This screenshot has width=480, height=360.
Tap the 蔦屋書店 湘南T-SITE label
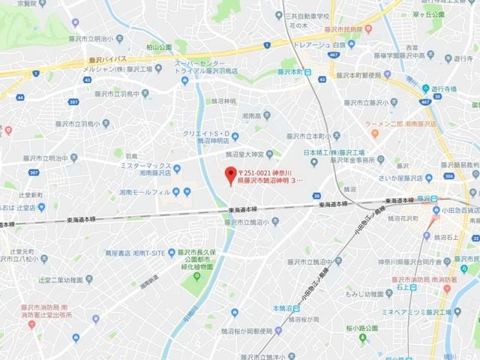click(135, 253)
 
